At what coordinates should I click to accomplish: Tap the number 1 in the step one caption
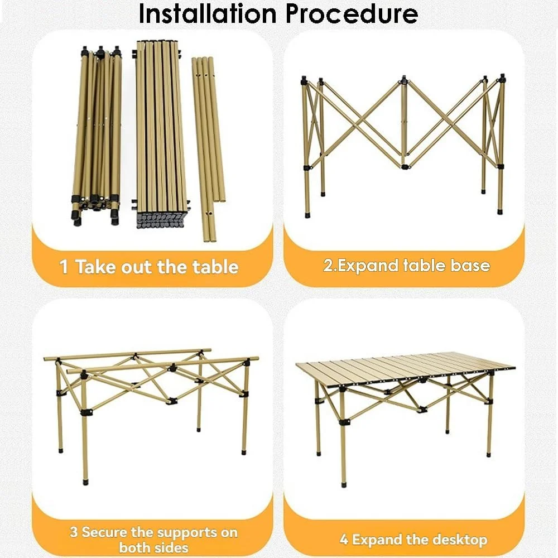(64, 267)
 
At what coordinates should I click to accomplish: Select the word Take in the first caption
(96, 267)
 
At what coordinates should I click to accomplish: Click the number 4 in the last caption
(344, 540)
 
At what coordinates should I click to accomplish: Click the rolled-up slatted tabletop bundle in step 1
(161, 134)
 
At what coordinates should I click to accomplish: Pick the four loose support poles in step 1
(209, 150)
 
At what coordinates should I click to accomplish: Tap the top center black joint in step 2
(403, 80)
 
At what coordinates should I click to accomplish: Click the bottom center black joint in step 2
(404, 166)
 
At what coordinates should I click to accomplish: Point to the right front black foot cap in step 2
(500, 211)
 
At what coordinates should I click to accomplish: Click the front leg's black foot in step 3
(85, 482)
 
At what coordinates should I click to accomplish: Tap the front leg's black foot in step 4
(343, 484)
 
